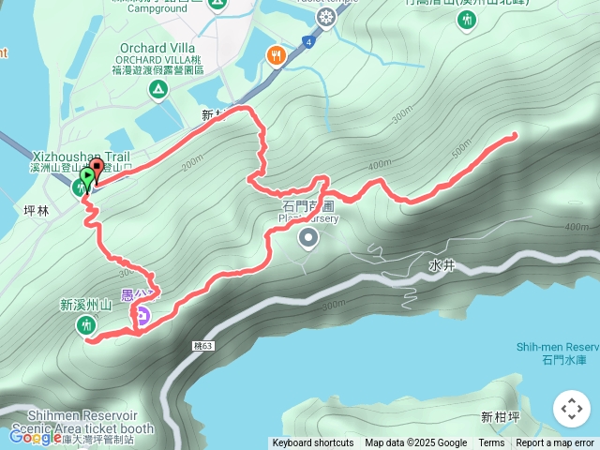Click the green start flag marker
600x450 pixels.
click(87, 176)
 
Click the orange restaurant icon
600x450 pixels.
click(276, 55)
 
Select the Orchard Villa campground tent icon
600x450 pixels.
click(157, 90)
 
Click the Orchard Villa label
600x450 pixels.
click(156, 49)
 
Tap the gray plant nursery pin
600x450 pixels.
click(308, 240)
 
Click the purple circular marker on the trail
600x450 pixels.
click(142, 317)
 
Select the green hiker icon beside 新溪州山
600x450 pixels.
click(86, 324)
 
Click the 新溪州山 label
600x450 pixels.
click(86, 304)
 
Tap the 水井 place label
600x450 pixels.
click(442, 265)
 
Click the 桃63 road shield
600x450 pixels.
click(203, 346)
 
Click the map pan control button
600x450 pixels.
click(571, 409)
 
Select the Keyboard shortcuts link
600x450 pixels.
click(313, 443)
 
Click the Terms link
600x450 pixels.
click(491, 443)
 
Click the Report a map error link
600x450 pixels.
click(555, 443)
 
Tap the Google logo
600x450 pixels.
click(36, 436)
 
